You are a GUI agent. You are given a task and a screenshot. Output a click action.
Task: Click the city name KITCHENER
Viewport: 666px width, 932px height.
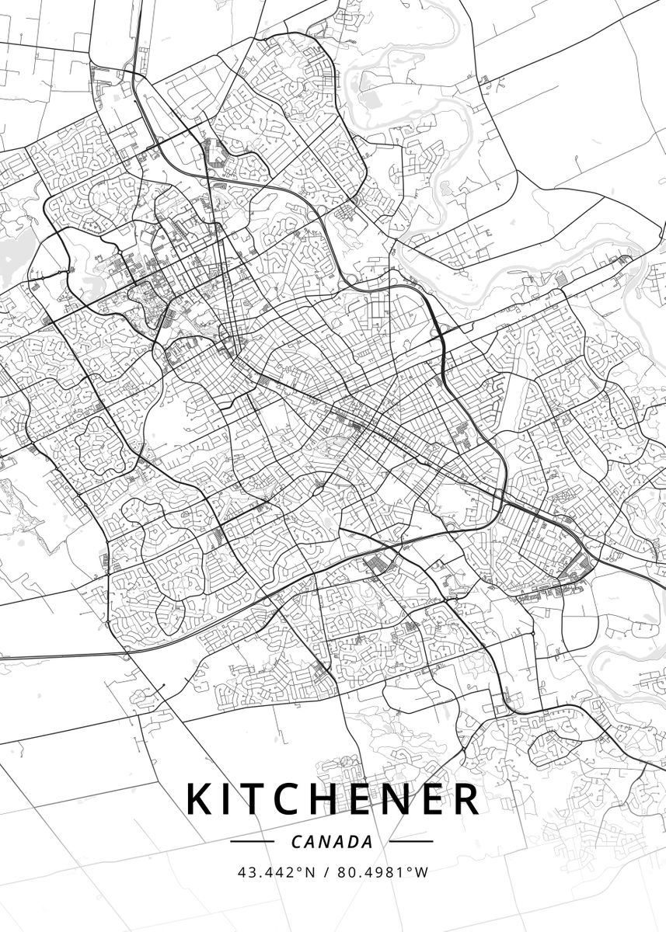tap(333, 799)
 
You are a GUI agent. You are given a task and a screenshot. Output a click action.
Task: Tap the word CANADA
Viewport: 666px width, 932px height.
tap(332, 841)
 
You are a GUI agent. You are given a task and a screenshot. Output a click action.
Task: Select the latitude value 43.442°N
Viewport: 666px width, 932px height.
tap(276, 871)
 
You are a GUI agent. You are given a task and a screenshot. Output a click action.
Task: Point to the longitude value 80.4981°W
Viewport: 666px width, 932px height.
tap(382, 871)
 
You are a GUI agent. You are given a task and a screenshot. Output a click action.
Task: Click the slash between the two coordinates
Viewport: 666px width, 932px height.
tap(326, 871)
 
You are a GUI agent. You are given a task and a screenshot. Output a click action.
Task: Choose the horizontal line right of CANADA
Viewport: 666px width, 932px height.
tap(411, 841)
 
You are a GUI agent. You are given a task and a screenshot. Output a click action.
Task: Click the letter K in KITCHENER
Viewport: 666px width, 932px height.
tap(200, 799)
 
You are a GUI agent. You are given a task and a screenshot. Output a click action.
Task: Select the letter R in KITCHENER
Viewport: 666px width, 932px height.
tap(466, 799)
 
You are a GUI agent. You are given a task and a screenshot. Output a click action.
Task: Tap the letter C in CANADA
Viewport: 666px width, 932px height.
tap(297, 841)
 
